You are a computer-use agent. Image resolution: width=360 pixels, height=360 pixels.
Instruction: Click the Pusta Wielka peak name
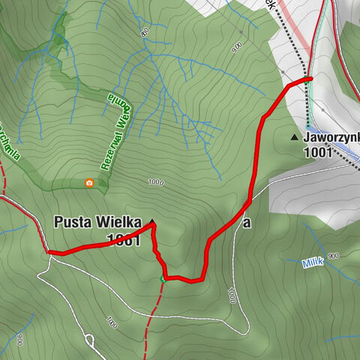point(97,222)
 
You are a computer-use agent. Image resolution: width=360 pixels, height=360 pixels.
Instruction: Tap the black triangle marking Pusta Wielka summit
point(152,221)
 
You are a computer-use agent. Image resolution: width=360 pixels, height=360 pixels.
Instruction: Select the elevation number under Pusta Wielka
point(123,240)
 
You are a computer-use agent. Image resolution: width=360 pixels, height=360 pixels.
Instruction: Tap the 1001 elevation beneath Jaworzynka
point(319,151)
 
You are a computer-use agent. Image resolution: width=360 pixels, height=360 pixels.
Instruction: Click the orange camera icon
point(89,182)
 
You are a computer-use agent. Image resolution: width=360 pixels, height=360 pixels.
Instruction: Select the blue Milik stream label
point(313,263)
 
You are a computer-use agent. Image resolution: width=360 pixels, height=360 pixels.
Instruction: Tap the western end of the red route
point(49,253)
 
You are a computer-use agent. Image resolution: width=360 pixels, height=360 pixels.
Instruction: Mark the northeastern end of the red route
point(309,78)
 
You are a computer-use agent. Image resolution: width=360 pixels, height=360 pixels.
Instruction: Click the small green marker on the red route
point(163,280)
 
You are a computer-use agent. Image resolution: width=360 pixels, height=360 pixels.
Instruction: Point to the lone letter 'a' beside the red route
point(246,223)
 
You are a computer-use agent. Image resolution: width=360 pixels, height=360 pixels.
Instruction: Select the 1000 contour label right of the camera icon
point(156,182)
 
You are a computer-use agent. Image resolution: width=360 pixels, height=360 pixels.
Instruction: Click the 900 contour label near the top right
point(238,46)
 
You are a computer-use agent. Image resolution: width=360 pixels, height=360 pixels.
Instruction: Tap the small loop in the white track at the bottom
point(89,342)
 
